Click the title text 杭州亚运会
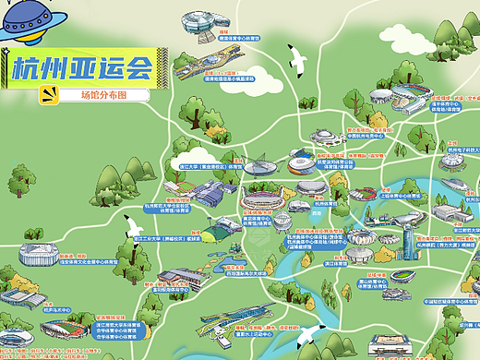[x=82, y=67]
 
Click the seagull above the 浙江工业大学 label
[x=137, y=224]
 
